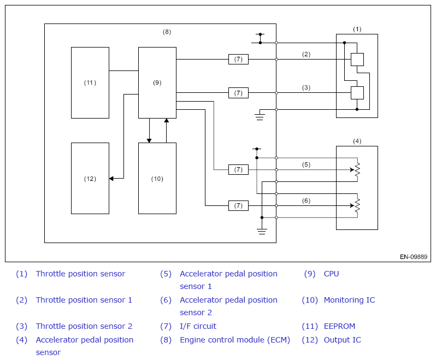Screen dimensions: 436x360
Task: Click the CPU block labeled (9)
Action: click(x=157, y=82)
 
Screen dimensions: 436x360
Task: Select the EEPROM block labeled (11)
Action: click(x=90, y=82)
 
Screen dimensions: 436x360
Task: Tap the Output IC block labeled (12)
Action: click(x=90, y=178)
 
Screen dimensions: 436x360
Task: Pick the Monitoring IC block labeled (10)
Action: click(x=157, y=178)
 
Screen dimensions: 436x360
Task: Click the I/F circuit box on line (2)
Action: click(x=238, y=59)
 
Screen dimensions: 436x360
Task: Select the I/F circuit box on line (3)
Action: click(x=238, y=93)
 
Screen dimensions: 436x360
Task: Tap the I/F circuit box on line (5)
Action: click(x=238, y=169)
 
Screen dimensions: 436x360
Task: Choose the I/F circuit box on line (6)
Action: click(x=238, y=206)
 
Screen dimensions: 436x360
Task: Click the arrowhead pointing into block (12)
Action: click(x=111, y=179)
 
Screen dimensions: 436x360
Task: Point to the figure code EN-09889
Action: click(x=414, y=257)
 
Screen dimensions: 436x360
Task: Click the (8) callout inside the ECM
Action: click(x=167, y=32)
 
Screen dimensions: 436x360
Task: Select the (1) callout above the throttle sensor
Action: click(x=357, y=29)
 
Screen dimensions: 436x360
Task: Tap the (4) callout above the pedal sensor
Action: click(x=357, y=141)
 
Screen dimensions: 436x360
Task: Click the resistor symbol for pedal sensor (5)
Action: click(x=357, y=169)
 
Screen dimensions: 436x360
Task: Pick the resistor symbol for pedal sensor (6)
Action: click(x=357, y=206)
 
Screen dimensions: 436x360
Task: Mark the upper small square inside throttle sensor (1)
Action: click(x=357, y=60)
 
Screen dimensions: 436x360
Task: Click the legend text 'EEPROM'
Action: click(x=339, y=326)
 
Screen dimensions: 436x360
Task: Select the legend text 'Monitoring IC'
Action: click(x=349, y=300)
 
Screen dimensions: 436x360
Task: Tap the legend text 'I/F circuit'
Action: click(x=198, y=326)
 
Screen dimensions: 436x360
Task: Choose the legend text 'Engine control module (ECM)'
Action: click(x=235, y=340)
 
